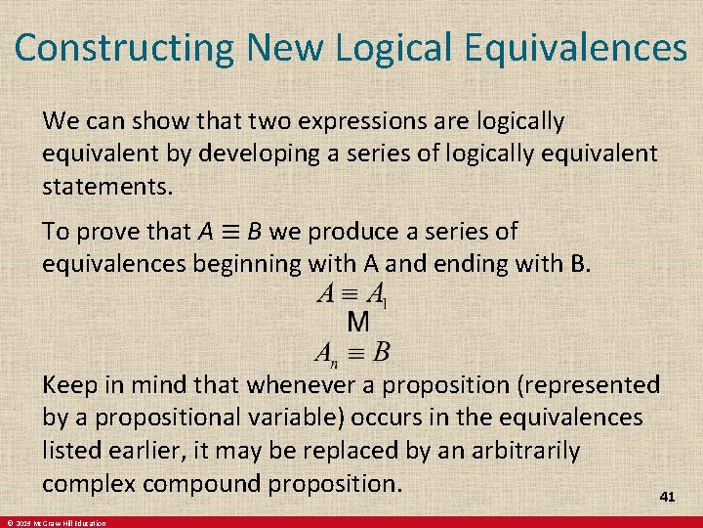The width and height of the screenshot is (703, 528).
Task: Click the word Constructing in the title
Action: point(125,48)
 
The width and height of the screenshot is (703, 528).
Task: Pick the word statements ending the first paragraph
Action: point(102,186)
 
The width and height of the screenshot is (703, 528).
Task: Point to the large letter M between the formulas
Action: point(358,321)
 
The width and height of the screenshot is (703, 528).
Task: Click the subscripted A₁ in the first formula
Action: point(377,294)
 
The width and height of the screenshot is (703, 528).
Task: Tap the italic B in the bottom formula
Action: point(381,350)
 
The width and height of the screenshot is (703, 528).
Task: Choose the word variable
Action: point(289,418)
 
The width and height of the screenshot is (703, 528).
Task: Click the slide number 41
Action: point(667,497)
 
